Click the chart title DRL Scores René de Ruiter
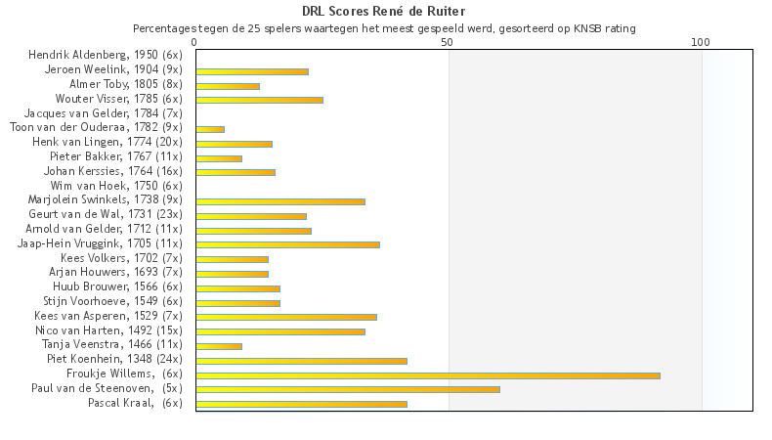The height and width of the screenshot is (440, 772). [x=384, y=12]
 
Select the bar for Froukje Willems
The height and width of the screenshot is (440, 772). [x=428, y=374]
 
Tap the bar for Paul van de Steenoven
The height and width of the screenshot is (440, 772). [x=348, y=389]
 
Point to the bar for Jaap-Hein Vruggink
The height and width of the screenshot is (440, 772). [x=287, y=244]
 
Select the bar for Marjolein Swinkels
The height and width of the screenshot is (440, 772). [x=280, y=201]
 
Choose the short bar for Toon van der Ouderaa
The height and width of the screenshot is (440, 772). [x=210, y=129]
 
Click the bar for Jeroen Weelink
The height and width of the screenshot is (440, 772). [x=252, y=71]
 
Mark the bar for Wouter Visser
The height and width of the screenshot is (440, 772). [x=259, y=100]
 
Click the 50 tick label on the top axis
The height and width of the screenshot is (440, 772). [x=448, y=42]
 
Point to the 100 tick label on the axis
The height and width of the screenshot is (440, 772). [x=701, y=42]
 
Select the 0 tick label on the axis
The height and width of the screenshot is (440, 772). [x=195, y=42]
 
